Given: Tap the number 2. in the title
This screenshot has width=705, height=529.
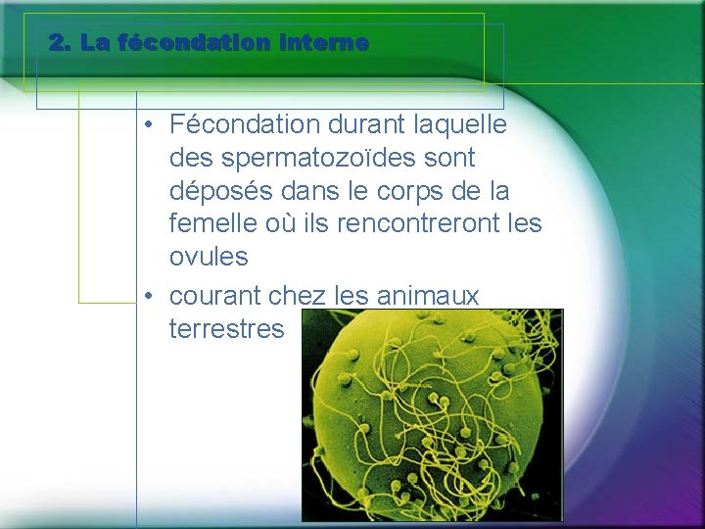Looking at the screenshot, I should (x=61, y=43).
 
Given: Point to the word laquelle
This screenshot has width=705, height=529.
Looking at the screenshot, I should (x=461, y=124).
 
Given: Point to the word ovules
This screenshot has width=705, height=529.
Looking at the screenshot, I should (x=209, y=258).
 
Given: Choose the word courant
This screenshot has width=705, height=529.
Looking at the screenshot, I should (x=215, y=295).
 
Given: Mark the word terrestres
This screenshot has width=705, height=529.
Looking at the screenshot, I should (x=226, y=328).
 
